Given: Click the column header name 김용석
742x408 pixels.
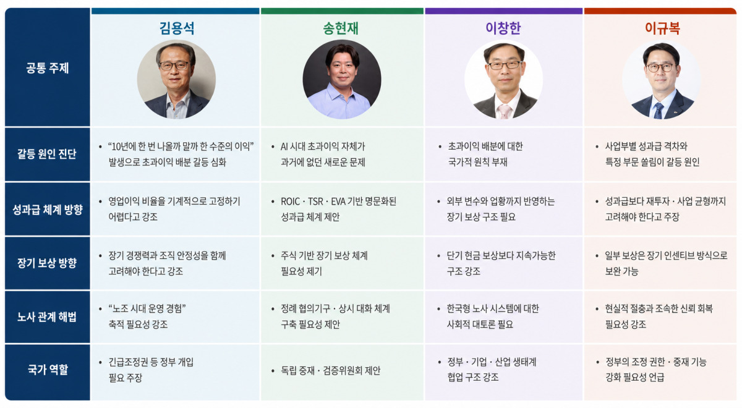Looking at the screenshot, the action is (177, 28).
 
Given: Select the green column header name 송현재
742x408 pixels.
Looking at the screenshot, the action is (341, 28).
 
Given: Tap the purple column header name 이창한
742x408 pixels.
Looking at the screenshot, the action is (503, 28).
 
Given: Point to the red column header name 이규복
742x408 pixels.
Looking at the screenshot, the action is (662, 28).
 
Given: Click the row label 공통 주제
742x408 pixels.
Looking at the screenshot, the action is (48, 68).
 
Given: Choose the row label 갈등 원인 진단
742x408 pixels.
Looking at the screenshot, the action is (47, 154).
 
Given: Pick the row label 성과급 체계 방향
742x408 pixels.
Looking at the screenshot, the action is (48, 210).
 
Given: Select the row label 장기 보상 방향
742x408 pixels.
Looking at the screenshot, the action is (47, 263).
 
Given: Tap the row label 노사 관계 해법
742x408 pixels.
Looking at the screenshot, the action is (47, 317).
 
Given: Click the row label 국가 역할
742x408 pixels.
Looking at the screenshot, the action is (48, 369).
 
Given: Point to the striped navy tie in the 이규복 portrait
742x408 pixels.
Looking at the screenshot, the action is (659, 111).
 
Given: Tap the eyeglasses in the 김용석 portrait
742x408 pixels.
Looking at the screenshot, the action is (174, 66).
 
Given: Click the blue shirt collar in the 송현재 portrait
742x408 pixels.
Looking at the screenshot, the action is (341, 91).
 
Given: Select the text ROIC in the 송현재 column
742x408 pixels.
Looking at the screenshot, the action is (290, 202).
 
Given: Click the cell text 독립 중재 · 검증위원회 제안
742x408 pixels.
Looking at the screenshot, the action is (331, 370).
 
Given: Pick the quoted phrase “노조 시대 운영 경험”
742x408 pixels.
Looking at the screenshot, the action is (147, 308).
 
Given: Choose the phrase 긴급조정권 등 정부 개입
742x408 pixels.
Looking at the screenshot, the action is (151, 362).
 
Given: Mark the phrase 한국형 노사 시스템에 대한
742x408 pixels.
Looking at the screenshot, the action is (493, 308).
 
